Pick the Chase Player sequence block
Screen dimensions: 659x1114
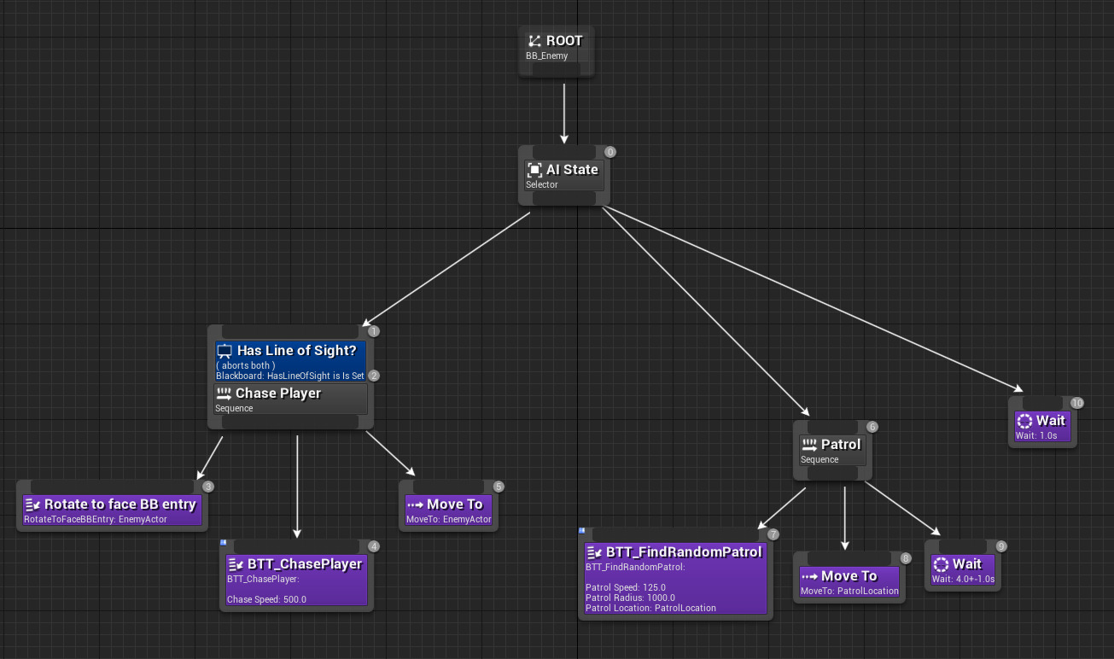pos(290,399)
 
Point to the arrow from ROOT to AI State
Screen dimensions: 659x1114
pos(563,111)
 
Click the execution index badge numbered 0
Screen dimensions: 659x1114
pos(609,152)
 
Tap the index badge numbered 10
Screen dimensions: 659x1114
pos(1076,403)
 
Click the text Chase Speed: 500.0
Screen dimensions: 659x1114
pos(266,599)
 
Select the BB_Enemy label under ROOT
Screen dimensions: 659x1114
pos(546,56)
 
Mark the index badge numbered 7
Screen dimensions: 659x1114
pos(773,534)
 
